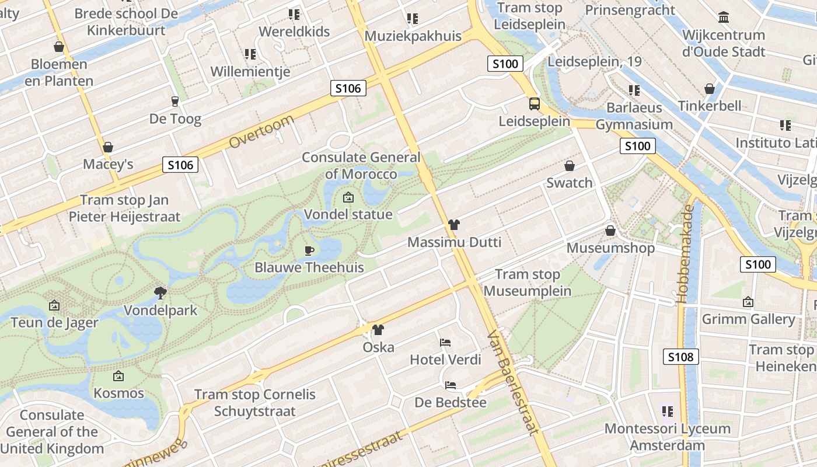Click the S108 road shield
681,356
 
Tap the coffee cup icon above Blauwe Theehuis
309,250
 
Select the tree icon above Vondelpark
160,292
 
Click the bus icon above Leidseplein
534,104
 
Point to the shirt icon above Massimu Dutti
454,225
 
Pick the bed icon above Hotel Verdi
445,342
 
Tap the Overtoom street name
261,131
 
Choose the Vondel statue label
348,214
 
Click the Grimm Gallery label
748,319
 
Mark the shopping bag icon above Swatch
570,166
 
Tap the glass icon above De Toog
174,102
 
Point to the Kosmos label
119,393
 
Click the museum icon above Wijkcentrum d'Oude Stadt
724,18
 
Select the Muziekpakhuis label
413,36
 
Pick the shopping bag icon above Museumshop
610,231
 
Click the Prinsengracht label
630,10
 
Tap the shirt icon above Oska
378,330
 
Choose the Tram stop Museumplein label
528,283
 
